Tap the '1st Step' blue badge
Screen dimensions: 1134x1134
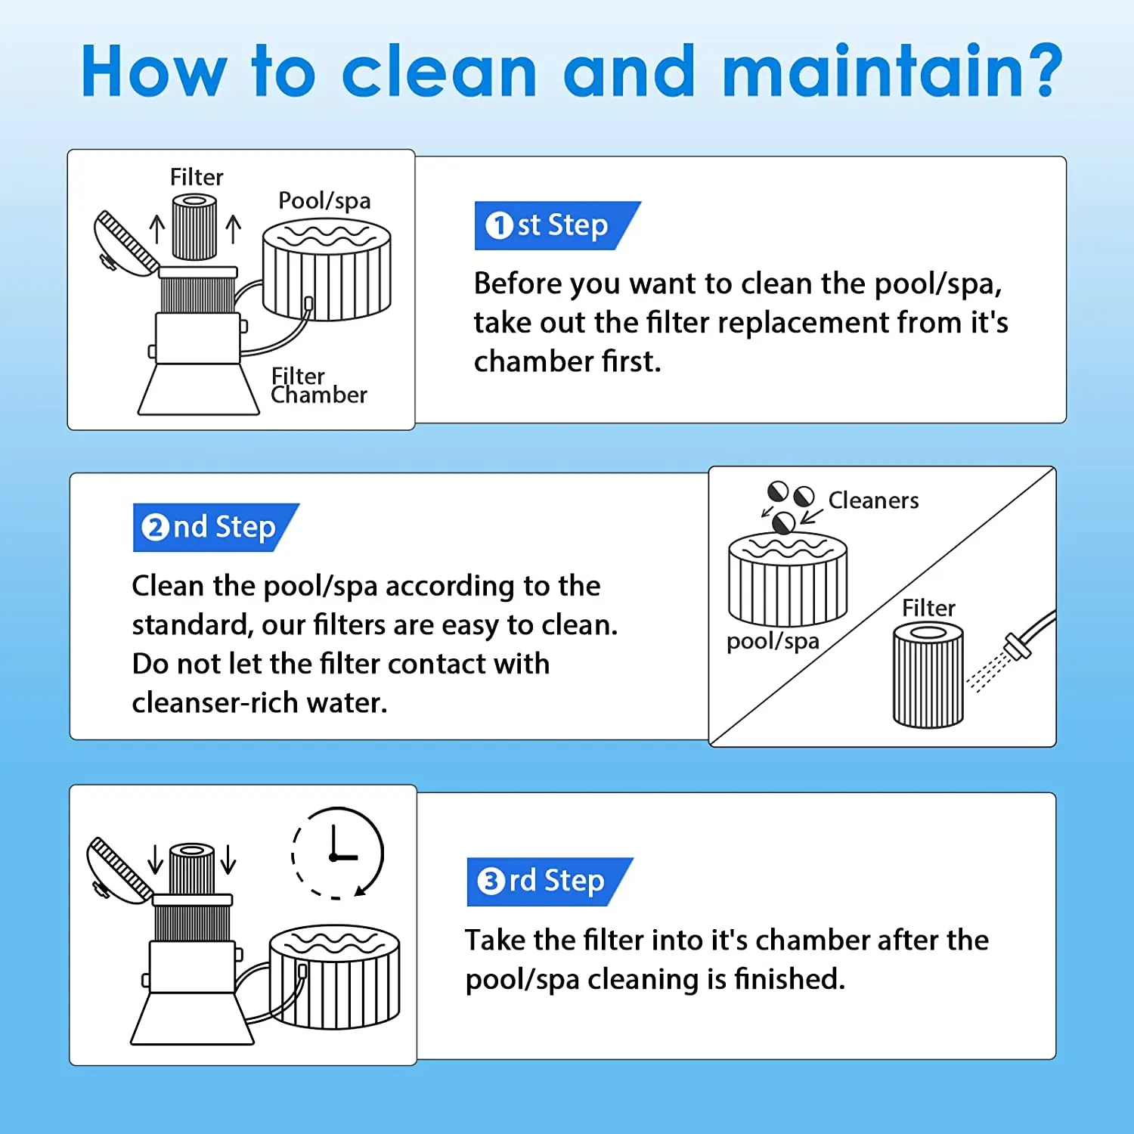(x=557, y=225)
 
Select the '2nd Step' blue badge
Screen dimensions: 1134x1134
(x=215, y=527)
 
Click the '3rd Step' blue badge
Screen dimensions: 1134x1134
(x=550, y=881)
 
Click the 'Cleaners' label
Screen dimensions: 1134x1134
(x=873, y=500)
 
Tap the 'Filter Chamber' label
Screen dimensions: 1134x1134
(x=318, y=386)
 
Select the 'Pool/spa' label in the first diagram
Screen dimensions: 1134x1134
(x=324, y=200)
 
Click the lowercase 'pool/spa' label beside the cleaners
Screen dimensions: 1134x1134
(x=773, y=641)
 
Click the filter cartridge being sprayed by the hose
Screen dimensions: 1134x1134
(x=928, y=675)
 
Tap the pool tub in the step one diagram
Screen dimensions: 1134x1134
(x=327, y=269)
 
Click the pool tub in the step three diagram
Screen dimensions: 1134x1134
(x=334, y=977)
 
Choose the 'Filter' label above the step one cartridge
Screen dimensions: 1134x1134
(x=197, y=177)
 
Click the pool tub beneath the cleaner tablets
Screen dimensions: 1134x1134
(x=788, y=578)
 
